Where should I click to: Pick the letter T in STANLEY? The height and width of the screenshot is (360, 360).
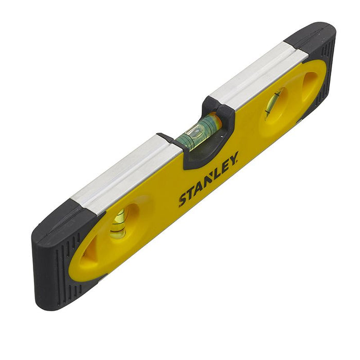(x=190, y=193)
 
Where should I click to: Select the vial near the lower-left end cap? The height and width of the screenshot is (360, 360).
(x=118, y=224)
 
